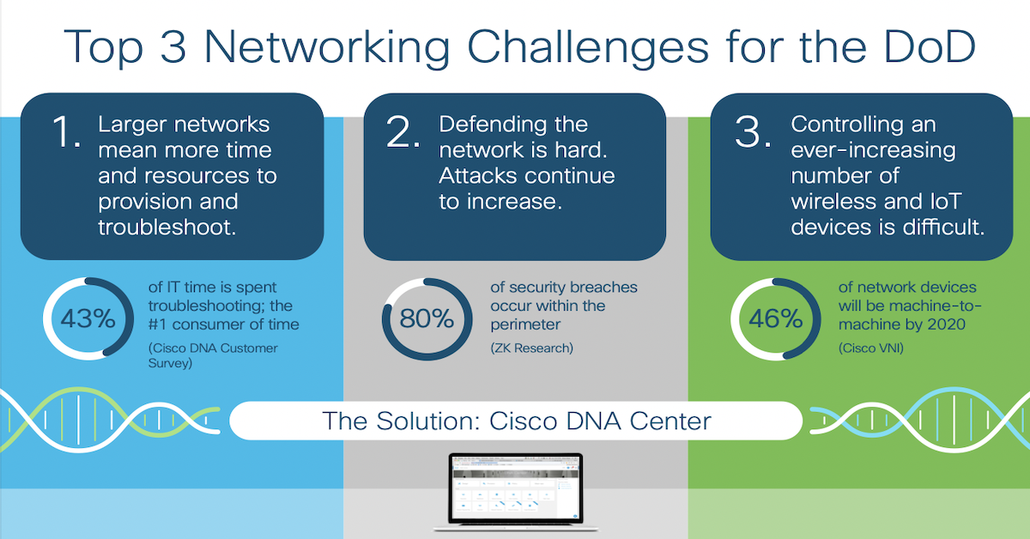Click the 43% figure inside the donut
tap(87, 318)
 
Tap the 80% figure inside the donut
tap(426, 318)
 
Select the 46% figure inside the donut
tap(775, 318)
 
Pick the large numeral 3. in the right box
tap(752, 135)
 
